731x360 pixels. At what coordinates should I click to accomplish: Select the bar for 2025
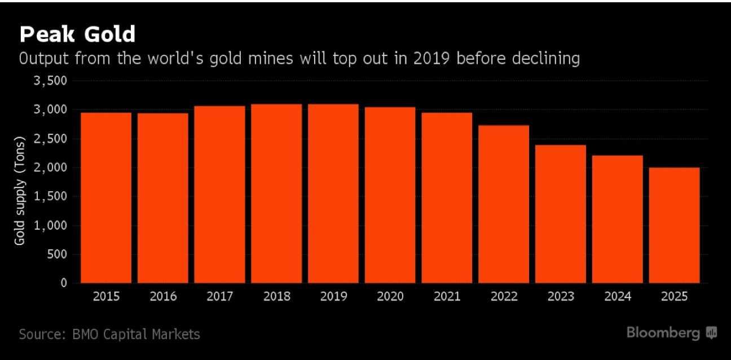[x=674, y=225]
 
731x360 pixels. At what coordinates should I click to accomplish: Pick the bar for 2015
[x=106, y=197]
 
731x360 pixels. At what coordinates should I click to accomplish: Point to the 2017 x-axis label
[x=219, y=296]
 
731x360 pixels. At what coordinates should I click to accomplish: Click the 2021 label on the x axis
[x=447, y=296]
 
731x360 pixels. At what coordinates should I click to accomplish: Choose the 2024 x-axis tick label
[x=617, y=296]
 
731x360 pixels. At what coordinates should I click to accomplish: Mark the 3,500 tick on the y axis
[x=51, y=81]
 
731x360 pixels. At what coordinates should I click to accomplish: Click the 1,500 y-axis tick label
[x=51, y=196]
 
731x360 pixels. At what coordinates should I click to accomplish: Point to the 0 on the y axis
[x=64, y=283]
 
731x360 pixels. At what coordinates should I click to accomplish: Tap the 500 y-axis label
[x=57, y=254]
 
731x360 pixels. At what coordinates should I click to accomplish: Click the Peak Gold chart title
[x=77, y=34]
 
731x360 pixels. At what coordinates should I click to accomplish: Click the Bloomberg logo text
[x=663, y=333]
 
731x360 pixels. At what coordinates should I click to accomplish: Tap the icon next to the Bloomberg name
[x=711, y=333]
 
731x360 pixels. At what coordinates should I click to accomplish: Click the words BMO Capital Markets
[x=136, y=335]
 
